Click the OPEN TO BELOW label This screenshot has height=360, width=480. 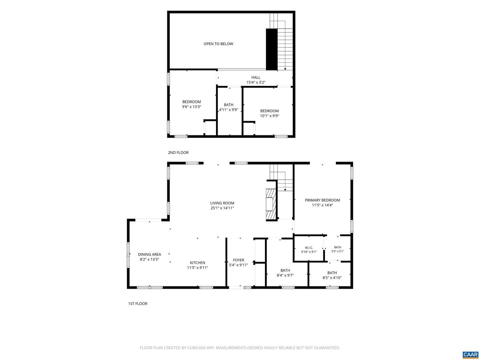tap(218, 44)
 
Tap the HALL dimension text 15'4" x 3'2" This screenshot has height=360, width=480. tap(256, 82)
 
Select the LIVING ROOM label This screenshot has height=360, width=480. tap(222, 203)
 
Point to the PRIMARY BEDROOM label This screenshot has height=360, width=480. tap(322, 200)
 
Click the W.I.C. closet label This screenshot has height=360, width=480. tap(309, 248)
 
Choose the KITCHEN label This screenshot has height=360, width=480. tap(197, 263)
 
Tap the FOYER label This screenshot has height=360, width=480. tap(238, 260)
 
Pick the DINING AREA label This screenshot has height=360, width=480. tap(149, 254)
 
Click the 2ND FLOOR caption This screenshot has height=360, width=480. tap(178, 153)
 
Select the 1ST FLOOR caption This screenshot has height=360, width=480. tap(138, 304)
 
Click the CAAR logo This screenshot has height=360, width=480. tap(470, 354)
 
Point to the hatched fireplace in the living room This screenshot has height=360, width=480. tap(271, 204)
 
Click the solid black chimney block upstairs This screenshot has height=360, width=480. tap(272, 49)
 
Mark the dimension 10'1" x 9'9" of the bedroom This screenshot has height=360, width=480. tap(269, 116)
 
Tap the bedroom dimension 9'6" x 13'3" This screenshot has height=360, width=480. tap(192, 107)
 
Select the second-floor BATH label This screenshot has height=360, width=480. tap(229, 105)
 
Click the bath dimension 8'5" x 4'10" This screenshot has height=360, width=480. tap(332, 278)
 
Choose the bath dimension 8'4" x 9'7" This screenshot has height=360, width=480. tap(285, 275)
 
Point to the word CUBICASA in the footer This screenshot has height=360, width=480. tap(196, 348)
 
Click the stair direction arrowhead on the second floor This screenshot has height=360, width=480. tap(285, 69)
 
